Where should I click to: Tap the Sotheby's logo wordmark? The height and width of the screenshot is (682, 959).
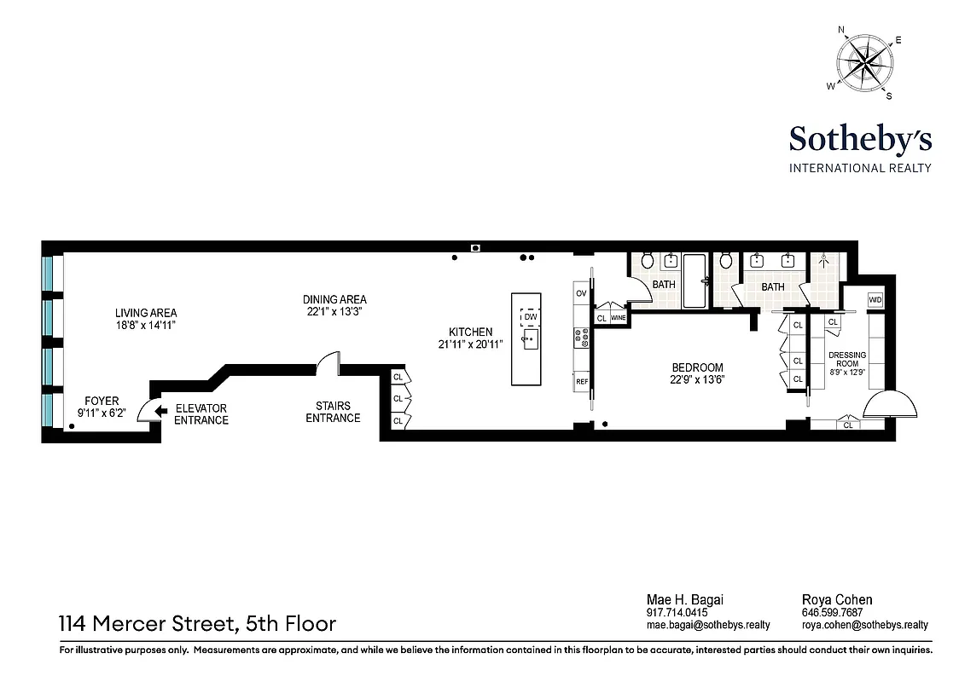click(860, 138)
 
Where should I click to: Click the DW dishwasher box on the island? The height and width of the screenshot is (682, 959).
click(530, 317)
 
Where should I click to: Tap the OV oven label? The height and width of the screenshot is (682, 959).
click(582, 293)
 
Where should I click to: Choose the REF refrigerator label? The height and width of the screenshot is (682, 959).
click(582, 382)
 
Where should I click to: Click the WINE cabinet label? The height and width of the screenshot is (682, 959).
click(619, 318)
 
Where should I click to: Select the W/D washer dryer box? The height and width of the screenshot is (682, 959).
click(875, 300)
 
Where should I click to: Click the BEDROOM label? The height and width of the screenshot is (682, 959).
click(697, 369)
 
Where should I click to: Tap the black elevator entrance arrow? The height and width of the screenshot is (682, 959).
click(160, 412)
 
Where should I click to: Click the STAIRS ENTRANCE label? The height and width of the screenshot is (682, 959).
click(333, 412)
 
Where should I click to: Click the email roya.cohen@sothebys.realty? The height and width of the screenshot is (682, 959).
click(864, 625)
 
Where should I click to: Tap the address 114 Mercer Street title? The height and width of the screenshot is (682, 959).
click(197, 624)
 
